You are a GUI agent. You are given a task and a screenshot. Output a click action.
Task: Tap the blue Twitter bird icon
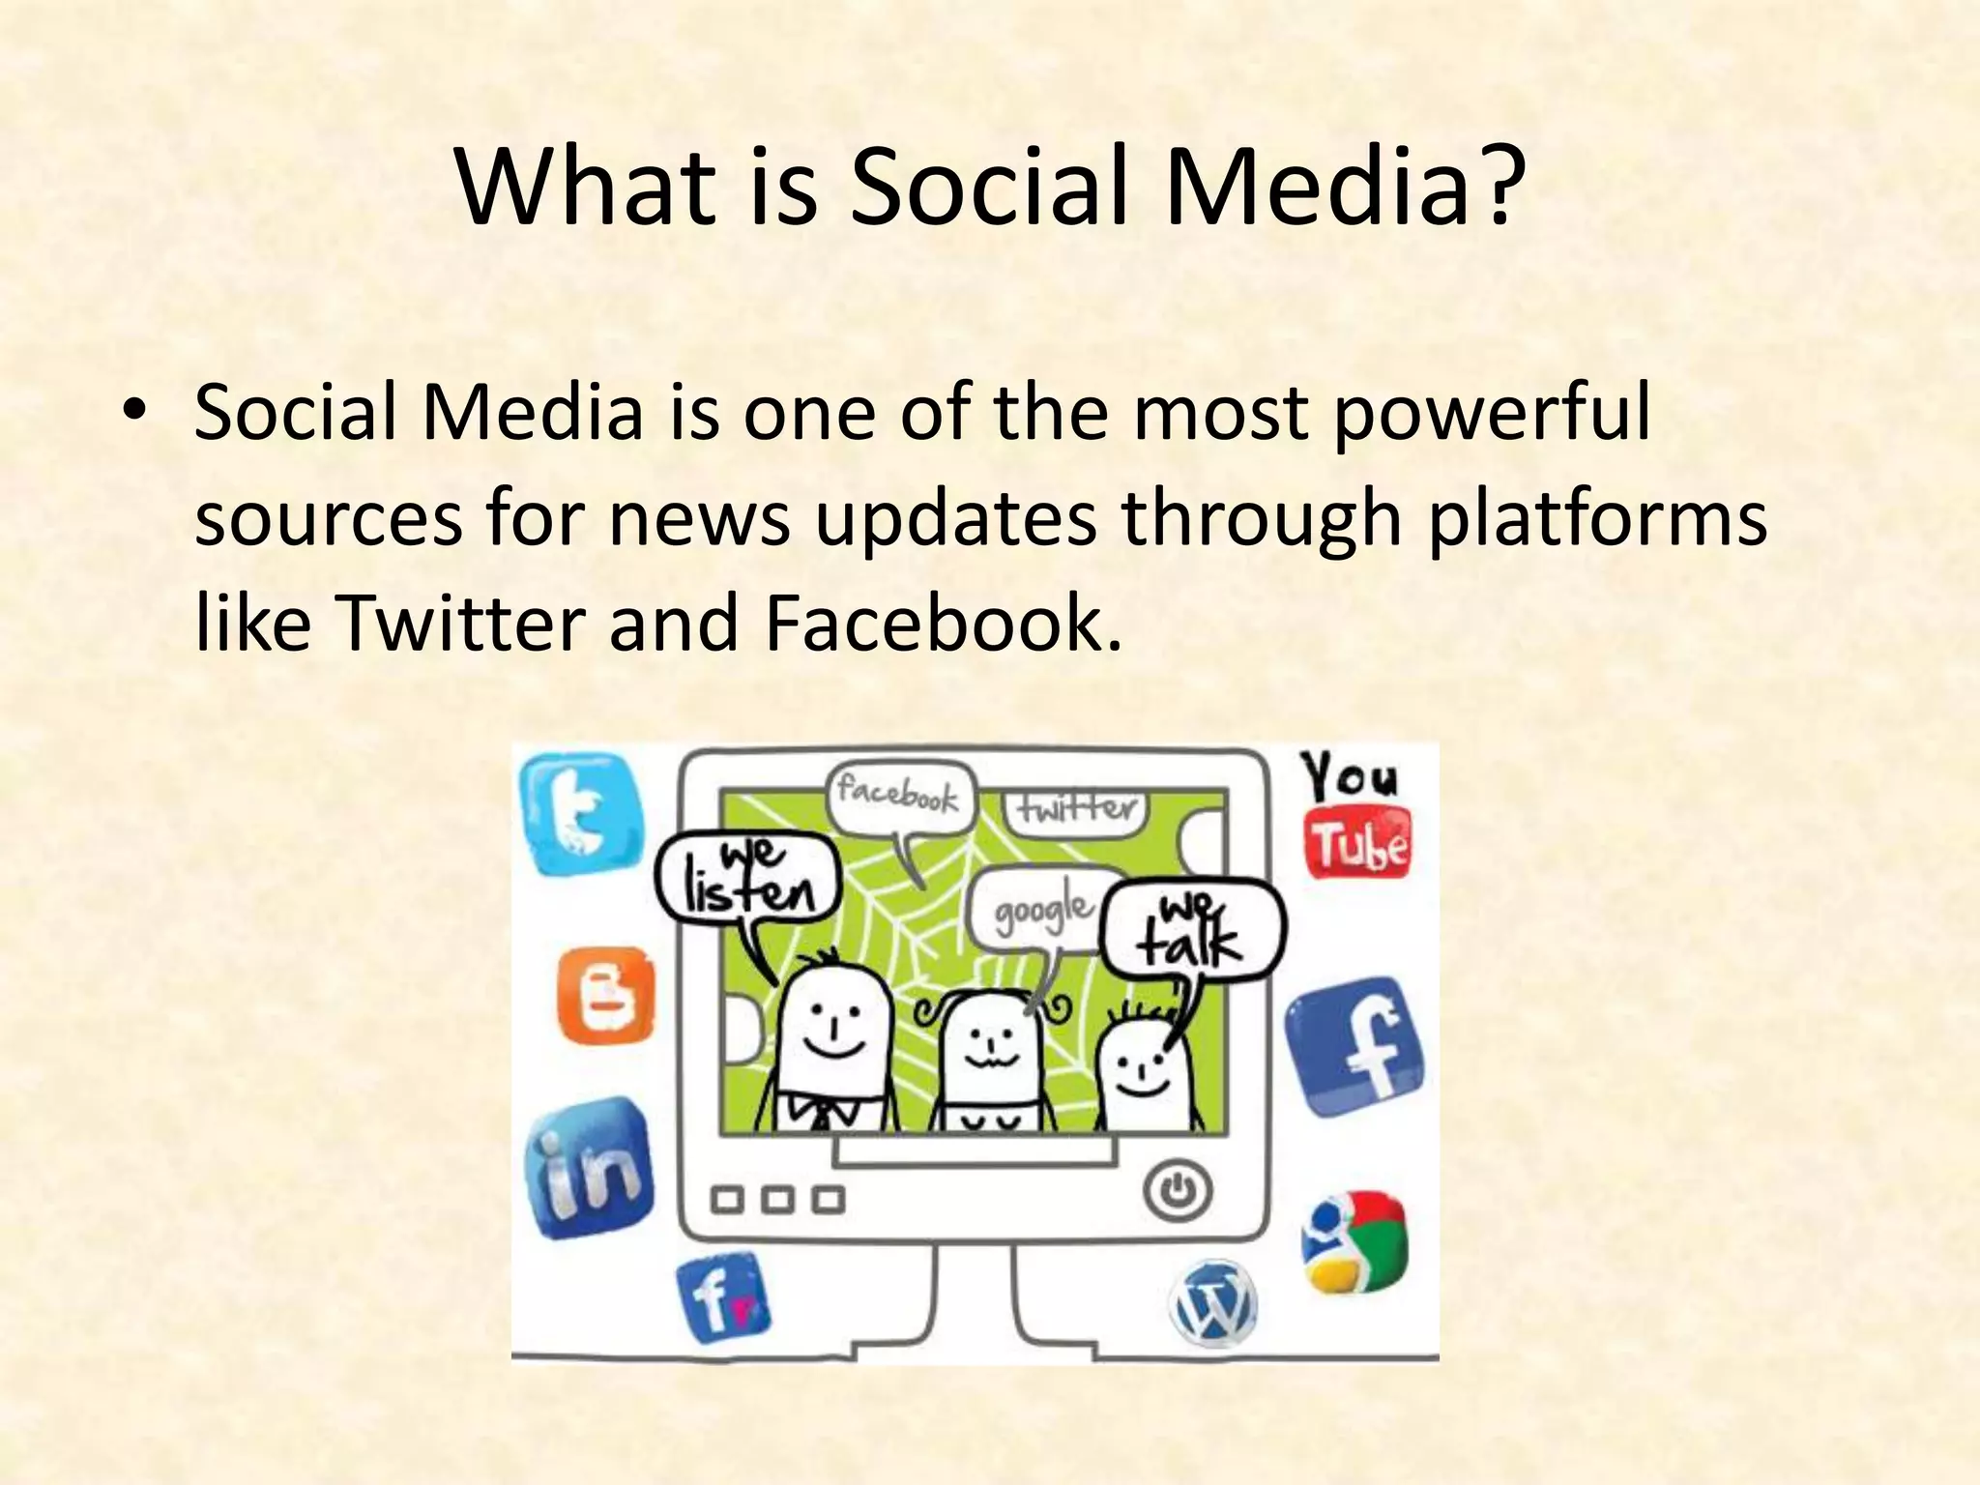(x=581, y=814)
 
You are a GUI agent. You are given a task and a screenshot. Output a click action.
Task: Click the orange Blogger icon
(x=606, y=995)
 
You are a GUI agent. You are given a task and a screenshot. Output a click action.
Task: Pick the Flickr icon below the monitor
(x=723, y=1300)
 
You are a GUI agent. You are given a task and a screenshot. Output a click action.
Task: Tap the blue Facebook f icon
(x=1355, y=1048)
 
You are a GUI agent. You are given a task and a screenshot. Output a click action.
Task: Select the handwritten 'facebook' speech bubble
(x=899, y=798)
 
